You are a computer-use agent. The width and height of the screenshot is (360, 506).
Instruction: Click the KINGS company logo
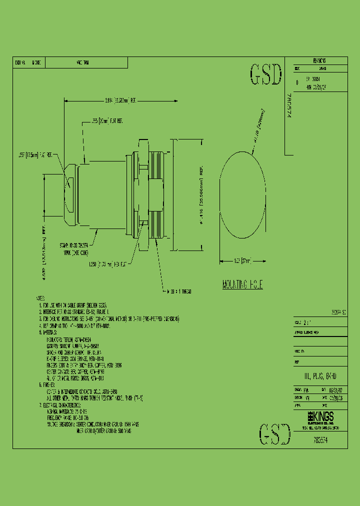(x=320, y=417)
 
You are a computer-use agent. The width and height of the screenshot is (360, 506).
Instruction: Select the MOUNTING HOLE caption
(x=242, y=285)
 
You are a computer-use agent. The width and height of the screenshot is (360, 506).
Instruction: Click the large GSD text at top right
(x=265, y=75)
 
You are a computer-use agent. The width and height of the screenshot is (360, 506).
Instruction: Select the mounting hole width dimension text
(x=242, y=260)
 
